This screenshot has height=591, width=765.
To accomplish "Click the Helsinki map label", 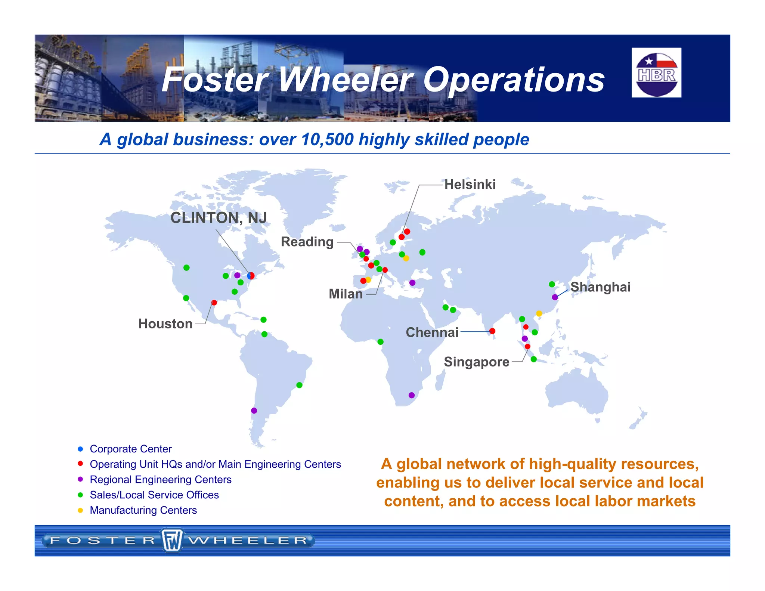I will click(x=470, y=185).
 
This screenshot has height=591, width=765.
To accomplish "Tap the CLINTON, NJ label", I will click(x=219, y=218).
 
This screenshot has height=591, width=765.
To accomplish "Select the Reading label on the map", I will click(x=307, y=242).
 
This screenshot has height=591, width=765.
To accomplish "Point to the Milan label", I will click(x=346, y=294).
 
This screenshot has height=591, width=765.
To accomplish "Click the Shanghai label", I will click(x=600, y=287).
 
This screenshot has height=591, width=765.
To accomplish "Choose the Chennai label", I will click(x=432, y=332).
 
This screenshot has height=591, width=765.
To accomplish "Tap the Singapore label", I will click(x=476, y=362).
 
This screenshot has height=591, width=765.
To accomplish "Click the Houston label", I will click(x=165, y=324).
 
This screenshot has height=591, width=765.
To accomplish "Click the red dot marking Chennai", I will click(x=492, y=331).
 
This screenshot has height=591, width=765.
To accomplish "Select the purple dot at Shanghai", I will click(x=555, y=297).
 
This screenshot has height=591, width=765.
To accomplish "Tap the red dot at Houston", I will click(x=214, y=303).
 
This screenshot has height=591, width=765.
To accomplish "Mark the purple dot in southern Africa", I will click(x=412, y=395).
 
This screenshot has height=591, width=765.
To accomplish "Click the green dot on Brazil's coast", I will click(x=299, y=385).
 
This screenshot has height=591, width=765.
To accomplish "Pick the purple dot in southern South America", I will click(x=254, y=411).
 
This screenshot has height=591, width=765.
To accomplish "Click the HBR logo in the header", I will click(x=656, y=73).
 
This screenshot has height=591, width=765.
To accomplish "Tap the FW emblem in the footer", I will click(x=172, y=540).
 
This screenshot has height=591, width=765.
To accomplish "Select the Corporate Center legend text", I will click(x=131, y=449).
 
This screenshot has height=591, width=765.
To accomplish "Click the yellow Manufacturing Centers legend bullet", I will click(x=80, y=510).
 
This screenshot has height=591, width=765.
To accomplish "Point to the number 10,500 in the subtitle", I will click(x=327, y=139).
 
